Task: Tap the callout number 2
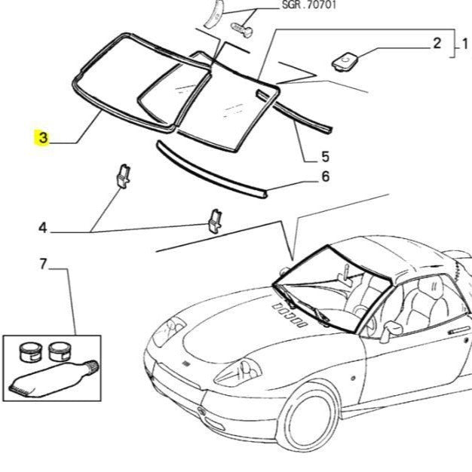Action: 436,42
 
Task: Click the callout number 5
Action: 325,157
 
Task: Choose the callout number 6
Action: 325,177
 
